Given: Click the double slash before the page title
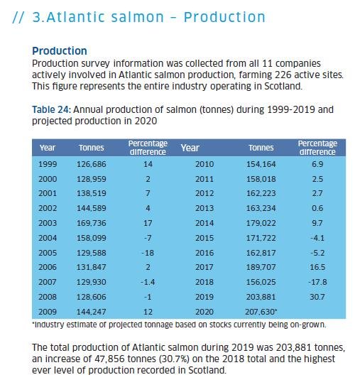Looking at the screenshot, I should coord(21,17).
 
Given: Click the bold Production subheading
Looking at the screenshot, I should coord(60,51).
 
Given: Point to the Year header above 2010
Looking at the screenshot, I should coord(190,148).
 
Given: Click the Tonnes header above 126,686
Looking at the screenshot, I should coord(91,148).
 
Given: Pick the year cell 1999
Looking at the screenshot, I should coord(48,164).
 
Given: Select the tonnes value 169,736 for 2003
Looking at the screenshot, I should coord(91,223).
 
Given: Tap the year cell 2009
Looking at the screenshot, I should coord(48,312).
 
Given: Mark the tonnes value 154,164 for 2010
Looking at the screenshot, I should coord(261,164).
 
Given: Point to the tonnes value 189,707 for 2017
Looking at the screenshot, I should coord(261,268).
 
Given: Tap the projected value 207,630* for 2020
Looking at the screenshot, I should coord(262,312).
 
